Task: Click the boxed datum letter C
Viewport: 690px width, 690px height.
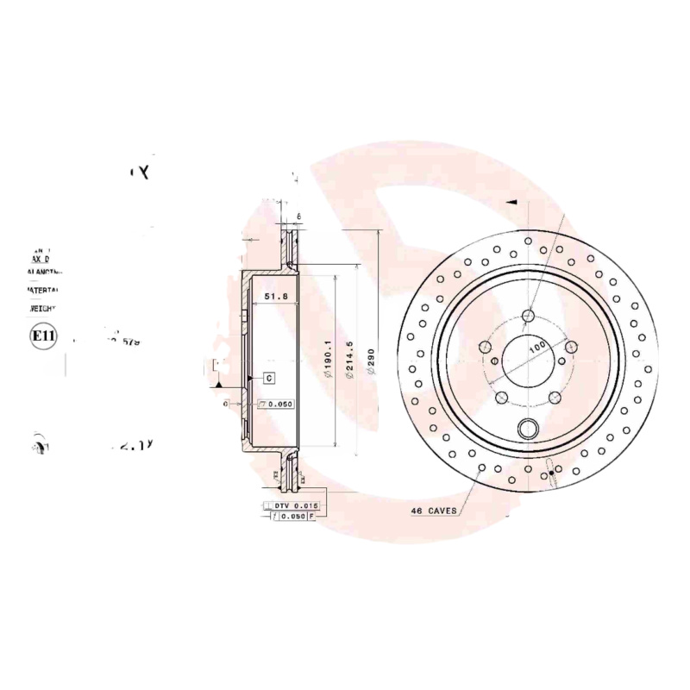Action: pos(268,378)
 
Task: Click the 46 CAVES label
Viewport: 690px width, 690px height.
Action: pos(435,511)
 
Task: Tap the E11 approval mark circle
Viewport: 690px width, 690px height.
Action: pos(42,336)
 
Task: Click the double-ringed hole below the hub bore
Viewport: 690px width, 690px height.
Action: pos(528,428)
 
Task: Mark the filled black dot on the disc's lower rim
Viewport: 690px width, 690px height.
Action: pos(552,472)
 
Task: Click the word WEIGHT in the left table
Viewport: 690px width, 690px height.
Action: pos(42,308)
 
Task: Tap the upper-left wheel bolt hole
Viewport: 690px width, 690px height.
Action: pos(485,347)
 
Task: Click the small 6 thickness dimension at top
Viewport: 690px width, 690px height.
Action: pos(298,216)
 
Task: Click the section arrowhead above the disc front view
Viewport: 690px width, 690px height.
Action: pos(511,202)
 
